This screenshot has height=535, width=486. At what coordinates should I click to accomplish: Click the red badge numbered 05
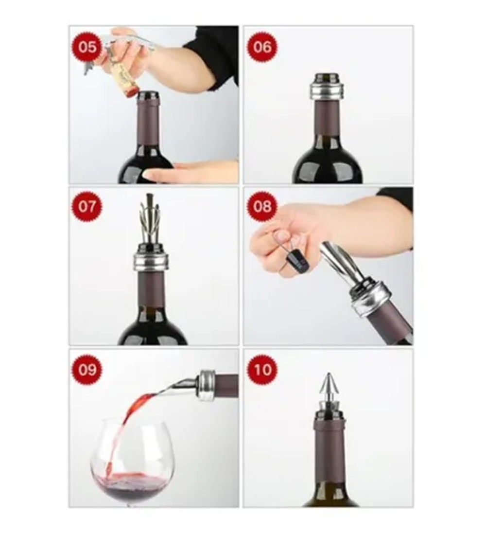click(87, 47)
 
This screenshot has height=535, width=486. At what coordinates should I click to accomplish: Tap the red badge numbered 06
click(262, 47)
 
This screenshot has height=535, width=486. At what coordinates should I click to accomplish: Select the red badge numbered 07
click(87, 206)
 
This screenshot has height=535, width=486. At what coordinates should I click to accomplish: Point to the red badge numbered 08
click(262, 206)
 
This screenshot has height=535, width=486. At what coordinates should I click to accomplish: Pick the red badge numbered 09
click(87, 370)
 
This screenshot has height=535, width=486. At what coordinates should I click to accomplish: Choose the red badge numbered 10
click(262, 370)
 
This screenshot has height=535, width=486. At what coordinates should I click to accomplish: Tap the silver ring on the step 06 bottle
click(327, 90)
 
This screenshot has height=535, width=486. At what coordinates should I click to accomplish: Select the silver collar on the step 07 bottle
click(150, 262)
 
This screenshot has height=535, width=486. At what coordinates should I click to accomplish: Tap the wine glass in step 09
click(130, 464)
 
